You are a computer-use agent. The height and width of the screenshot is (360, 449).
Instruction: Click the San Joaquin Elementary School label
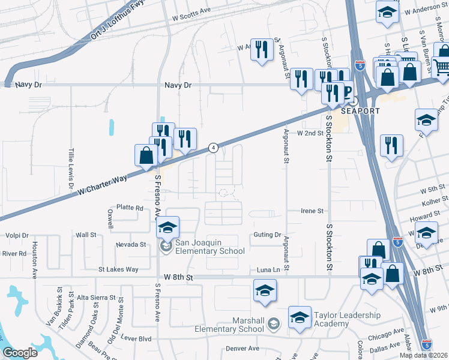coord(209,247)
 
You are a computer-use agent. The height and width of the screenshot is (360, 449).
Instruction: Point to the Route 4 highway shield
coord(213,148)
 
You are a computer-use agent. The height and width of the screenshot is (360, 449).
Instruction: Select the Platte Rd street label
coord(130,208)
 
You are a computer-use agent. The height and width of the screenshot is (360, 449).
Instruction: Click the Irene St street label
coord(312,211)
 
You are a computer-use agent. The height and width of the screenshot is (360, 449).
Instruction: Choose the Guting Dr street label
coord(267,235)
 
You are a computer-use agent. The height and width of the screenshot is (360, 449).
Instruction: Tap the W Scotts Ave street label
coord(191,11)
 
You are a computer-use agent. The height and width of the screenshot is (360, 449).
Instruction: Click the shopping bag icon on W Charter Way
coord(146,156)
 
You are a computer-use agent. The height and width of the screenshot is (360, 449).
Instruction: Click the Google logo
coord(20,353)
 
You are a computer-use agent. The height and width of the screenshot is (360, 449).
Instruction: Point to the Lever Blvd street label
coord(137,338)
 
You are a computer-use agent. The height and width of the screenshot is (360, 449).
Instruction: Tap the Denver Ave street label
coord(243,349)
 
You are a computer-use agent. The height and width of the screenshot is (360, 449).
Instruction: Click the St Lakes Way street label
coord(118,270)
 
